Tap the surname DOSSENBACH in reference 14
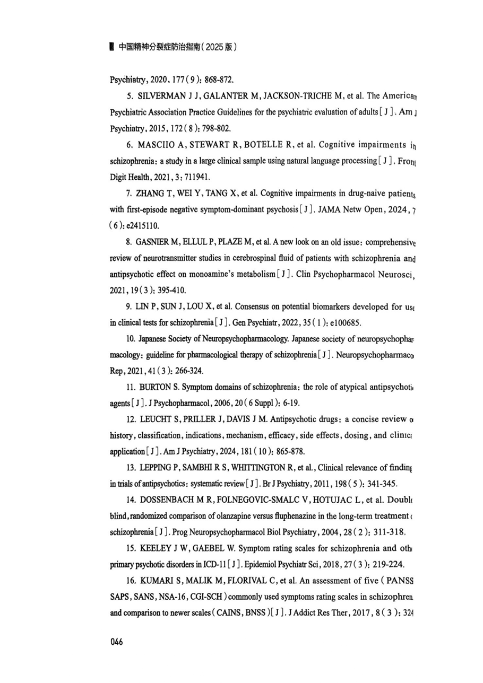tap(167, 500)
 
